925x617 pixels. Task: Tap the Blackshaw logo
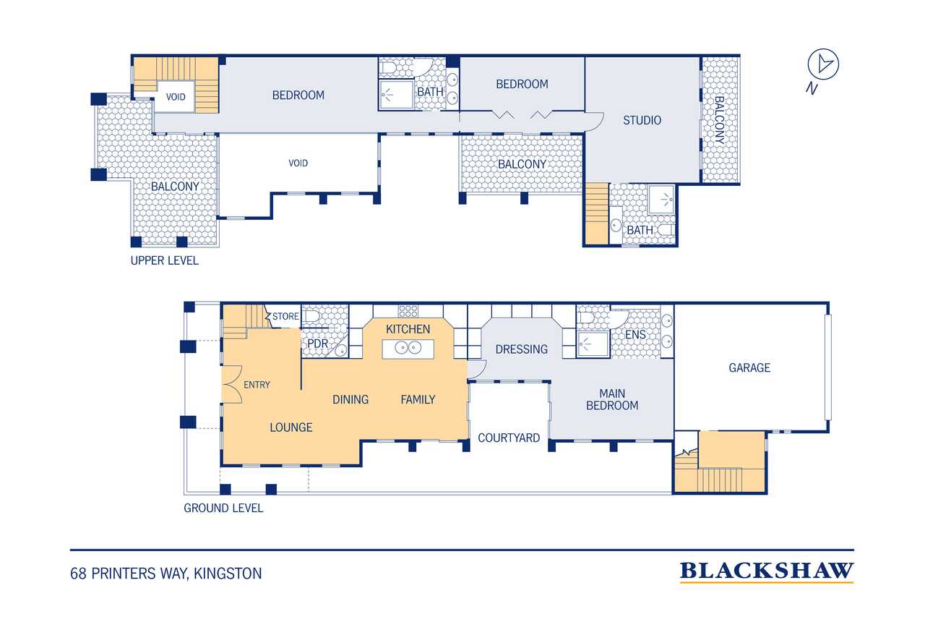point(767,571)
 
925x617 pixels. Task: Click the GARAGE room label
point(749,367)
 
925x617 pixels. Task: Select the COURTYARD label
point(509,438)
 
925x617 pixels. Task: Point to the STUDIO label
point(642,120)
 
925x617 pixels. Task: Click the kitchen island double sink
point(408,348)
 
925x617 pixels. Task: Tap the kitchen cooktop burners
point(408,311)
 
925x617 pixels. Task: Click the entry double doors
point(232,384)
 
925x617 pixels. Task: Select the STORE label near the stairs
point(285,316)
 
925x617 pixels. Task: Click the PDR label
point(317,344)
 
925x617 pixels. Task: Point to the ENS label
point(635,334)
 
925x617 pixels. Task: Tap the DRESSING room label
point(522,349)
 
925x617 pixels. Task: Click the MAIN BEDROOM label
point(612,399)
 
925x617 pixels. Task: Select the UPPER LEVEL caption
point(164,261)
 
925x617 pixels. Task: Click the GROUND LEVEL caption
point(223,508)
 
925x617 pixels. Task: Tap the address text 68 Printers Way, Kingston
point(166,574)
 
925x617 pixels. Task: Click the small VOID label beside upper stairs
point(176,97)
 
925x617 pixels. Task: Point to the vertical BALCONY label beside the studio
point(719,120)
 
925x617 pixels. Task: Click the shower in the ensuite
point(593,344)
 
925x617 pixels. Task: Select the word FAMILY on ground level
point(418,399)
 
